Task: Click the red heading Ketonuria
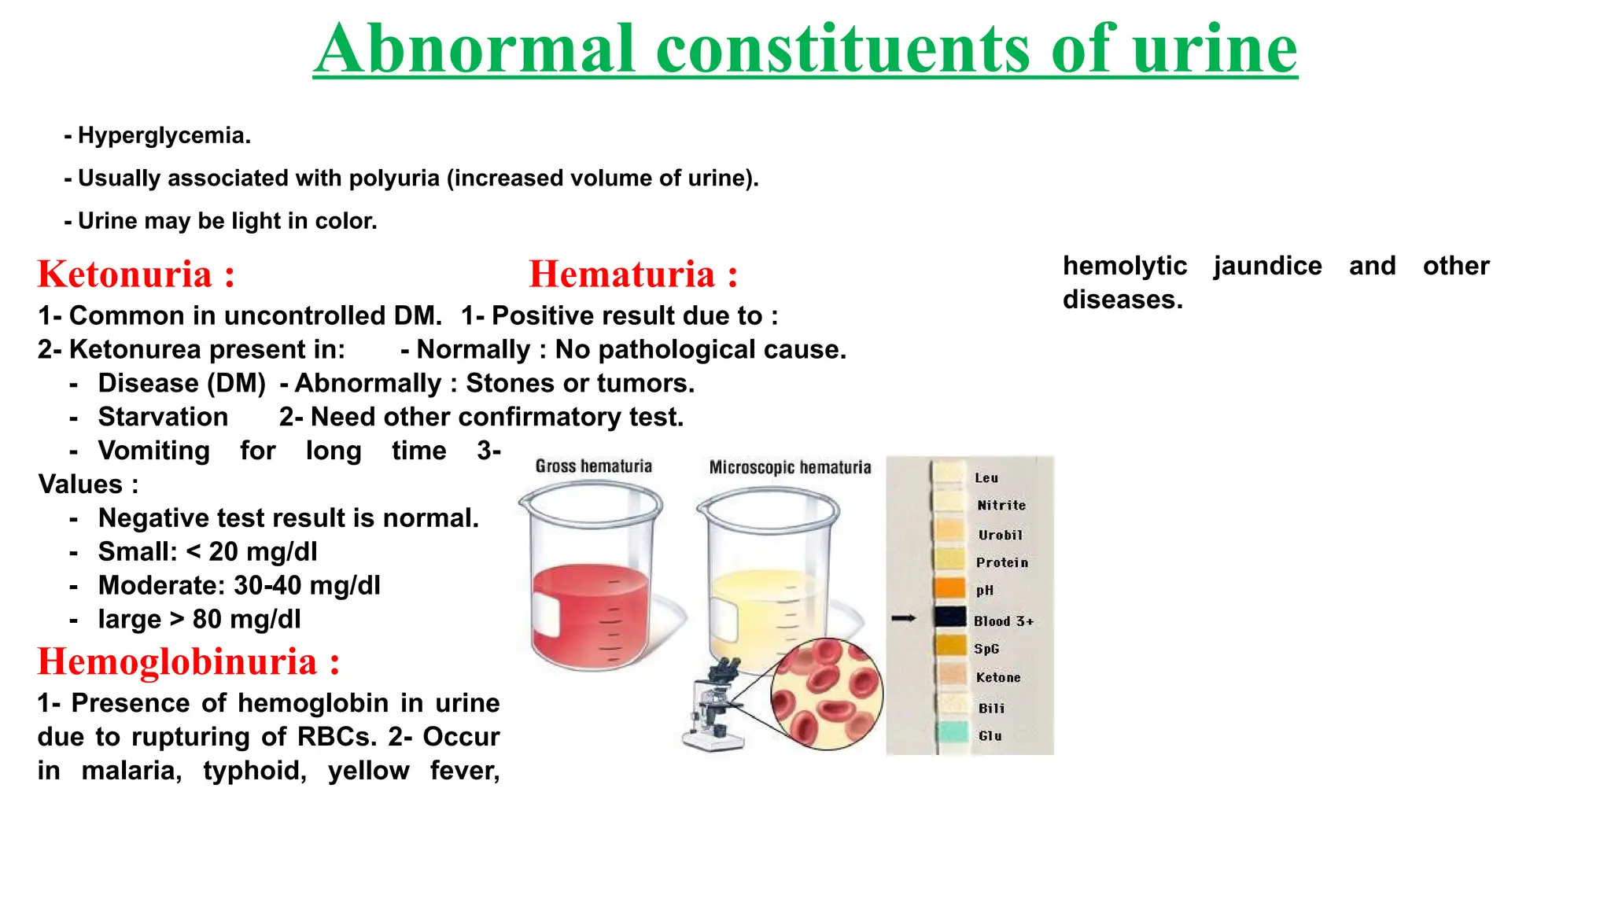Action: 126,274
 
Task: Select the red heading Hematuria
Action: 622,274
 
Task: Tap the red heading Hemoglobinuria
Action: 178,661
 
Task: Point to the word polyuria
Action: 394,179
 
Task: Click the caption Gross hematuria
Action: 594,466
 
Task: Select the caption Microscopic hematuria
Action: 790,468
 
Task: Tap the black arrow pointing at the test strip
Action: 904,618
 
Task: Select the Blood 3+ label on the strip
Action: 1004,621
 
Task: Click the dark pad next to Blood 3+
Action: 950,617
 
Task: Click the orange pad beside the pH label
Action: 950,588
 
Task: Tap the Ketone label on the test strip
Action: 998,677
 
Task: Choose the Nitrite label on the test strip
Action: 1001,506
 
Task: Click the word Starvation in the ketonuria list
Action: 163,417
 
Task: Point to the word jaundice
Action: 1267,266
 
